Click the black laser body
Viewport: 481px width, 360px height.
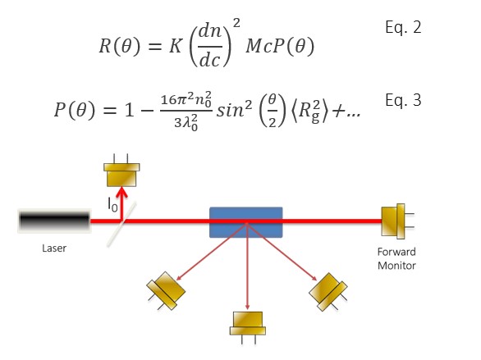tap(54, 221)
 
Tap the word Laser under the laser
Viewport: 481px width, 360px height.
tap(54, 248)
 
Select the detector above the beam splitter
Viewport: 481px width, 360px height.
tap(121, 174)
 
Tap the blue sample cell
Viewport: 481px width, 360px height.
tap(246, 221)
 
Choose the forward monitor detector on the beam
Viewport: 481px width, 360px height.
tap(395, 221)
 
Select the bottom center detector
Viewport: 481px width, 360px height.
tap(247, 322)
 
